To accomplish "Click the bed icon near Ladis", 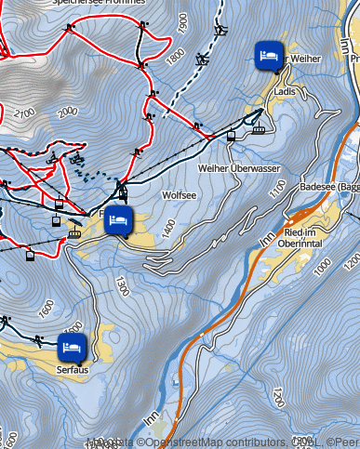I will [268, 56].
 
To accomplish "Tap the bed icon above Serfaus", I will [72, 348].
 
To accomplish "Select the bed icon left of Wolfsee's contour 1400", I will [118, 222].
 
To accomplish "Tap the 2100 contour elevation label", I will [23, 113].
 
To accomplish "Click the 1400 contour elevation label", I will [167, 227].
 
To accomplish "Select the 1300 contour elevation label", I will [119, 281].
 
